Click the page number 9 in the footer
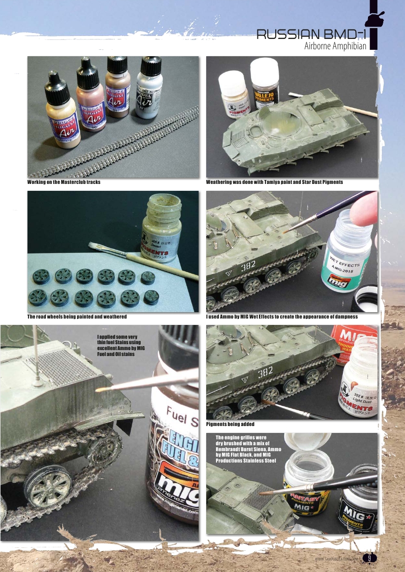coord(368,558)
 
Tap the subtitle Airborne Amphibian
coord(335,46)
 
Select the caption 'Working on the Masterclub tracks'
coord(64,182)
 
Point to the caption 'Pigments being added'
coord(230,424)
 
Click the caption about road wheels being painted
coord(76,317)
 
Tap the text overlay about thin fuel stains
coord(121,346)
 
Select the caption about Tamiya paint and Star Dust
coord(274,182)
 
